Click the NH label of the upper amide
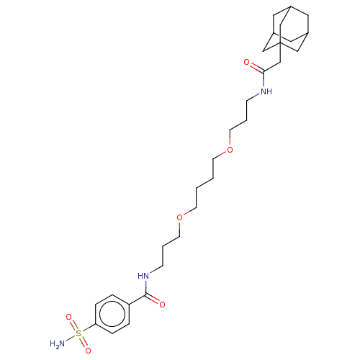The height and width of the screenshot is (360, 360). pos(266,91)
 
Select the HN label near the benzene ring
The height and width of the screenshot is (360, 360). pos(143,276)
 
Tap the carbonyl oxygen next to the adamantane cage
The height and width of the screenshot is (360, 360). pos(247,62)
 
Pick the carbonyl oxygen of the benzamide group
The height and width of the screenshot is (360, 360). pos(163,305)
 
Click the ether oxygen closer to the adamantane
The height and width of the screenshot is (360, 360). pos(230,150)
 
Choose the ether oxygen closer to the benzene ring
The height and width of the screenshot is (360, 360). pos(179,217)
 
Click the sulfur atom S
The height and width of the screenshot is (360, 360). pos(78,334)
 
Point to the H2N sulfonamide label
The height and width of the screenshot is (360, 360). pos(58,344)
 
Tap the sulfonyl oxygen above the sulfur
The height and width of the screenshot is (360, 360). pos(69,317)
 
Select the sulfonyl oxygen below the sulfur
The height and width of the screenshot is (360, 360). pos(88,351)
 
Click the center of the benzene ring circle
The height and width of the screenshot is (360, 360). pos(112,314)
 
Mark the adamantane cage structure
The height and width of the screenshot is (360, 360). pos(286,29)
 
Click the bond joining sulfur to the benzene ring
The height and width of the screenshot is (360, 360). pos(89,328)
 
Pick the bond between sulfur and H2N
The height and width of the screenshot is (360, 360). pos(70,338)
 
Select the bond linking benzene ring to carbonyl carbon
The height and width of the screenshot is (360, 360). pos(138,300)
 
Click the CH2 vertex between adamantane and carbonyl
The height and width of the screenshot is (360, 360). pos(281,62)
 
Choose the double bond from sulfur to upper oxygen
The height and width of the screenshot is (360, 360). pos(73,325)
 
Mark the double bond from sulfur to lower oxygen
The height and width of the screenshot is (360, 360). pos(84,342)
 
